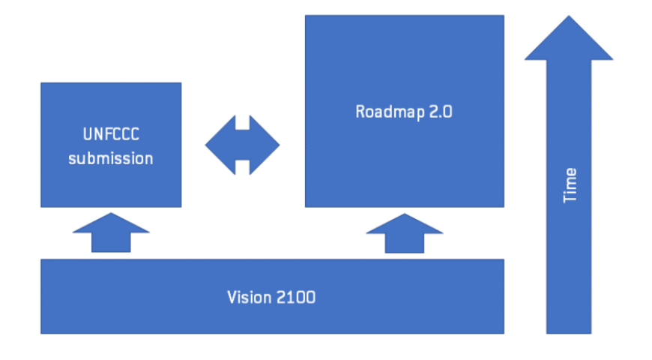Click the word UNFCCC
tap(110, 136)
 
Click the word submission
tap(110, 158)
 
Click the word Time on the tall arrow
tap(570, 185)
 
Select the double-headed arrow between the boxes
tap(242, 144)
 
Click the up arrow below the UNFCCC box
tap(111, 232)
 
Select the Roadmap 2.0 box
tap(404, 165)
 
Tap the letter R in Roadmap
tap(360, 112)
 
